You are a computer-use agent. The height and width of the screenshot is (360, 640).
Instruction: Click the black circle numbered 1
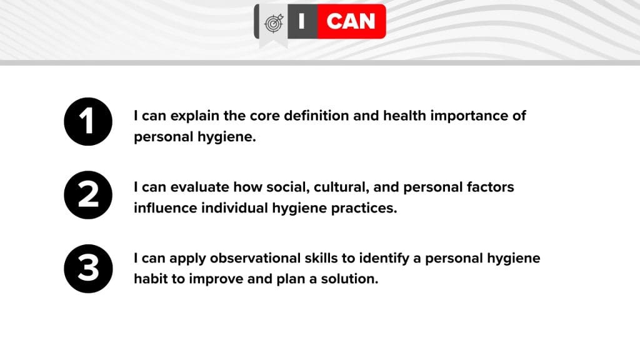[x=88, y=122]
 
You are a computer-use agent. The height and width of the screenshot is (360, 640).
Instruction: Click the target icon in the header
[x=273, y=23]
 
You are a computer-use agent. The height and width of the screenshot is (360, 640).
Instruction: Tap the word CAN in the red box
[x=351, y=22]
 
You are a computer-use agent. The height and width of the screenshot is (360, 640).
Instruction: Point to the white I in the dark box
[x=302, y=22]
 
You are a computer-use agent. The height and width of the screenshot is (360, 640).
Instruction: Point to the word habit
[x=151, y=279]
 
